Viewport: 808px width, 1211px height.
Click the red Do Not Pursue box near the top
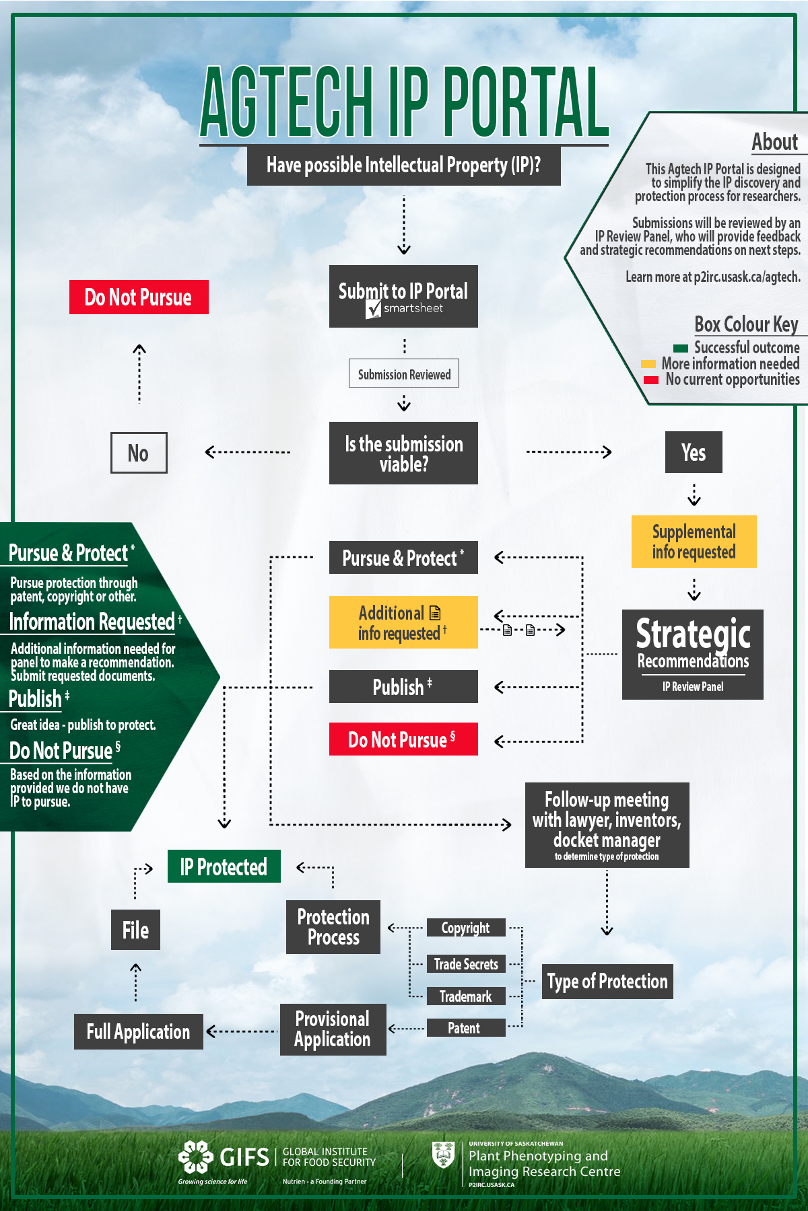(x=139, y=297)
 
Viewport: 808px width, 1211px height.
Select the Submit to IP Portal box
(x=403, y=296)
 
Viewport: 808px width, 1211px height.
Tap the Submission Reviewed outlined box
(x=404, y=373)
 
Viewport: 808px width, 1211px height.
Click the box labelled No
(x=139, y=453)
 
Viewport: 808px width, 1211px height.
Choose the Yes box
(x=694, y=452)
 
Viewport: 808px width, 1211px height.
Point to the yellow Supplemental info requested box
(x=694, y=542)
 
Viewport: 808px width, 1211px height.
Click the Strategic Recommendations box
(x=693, y=654)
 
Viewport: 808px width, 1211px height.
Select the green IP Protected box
(x=224, y=867)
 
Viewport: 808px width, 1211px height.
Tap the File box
(x=135, y=930)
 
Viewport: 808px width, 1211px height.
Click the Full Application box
(x=139, y=1031)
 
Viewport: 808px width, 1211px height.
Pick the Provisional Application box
(x=333, y=1029)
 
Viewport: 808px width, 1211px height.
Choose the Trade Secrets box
(x=466, y=964)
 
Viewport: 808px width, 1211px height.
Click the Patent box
(x=465, y=1027)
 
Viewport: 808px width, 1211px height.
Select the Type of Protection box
(x=607, y=982)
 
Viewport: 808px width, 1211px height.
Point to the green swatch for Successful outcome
(x=681, y=348)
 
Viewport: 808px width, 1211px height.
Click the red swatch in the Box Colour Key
(x=650, y=380)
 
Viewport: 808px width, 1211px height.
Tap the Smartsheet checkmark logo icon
(x=374, y=309)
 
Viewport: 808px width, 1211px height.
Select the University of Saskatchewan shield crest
(x=443, y=1154)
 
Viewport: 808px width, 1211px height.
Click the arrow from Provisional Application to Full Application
(x=242, y=1031)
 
